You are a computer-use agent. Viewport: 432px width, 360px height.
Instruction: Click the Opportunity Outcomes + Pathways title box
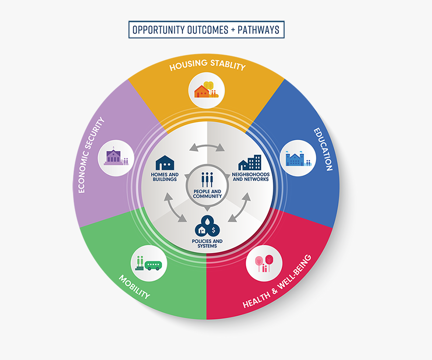tap(206, 30)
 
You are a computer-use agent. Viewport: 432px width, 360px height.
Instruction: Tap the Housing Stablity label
tap(207, 66)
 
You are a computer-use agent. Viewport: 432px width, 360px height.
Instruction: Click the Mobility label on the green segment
tap(134, 286)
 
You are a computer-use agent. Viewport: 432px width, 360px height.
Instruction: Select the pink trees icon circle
tap(264, 263)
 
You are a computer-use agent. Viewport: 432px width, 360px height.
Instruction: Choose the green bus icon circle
tap(149, 262)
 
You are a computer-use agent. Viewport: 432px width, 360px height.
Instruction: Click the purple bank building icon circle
tap(116, 157)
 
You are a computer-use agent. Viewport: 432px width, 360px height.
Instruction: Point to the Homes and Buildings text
tap(164, 177)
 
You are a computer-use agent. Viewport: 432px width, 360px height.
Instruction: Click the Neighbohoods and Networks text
tap(250, 177)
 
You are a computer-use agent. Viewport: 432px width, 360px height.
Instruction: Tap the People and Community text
tap(207, 193)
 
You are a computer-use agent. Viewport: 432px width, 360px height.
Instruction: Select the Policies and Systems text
tap(207, 244)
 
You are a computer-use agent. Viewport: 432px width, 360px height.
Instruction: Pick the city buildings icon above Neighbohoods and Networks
tap(250, 162)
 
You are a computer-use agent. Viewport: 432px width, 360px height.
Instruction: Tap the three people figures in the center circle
tap(207, 180)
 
